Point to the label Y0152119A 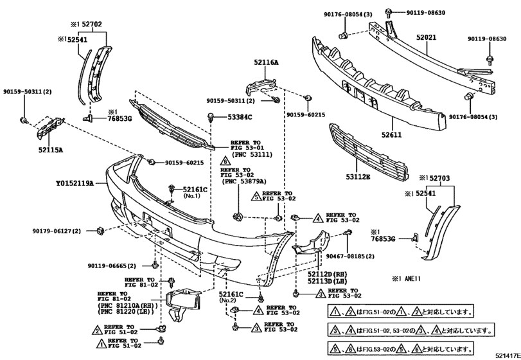[75, 183]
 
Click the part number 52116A [265, 62]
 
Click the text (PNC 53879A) [245, 181]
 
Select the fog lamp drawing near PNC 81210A [179, 303]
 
